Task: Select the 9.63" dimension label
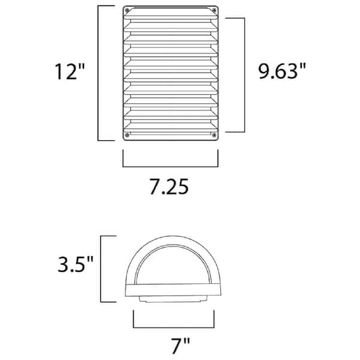(278, 74)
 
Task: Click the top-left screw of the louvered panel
(127, 11)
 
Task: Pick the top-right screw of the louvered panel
(215, 11)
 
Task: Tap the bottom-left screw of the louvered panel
(127, 136)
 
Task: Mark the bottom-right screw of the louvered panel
(215, 136)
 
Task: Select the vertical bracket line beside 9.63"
(244, 74)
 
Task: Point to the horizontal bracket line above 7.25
(170, 165)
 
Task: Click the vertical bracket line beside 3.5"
(100, 269)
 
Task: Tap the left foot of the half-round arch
(130, 291)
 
